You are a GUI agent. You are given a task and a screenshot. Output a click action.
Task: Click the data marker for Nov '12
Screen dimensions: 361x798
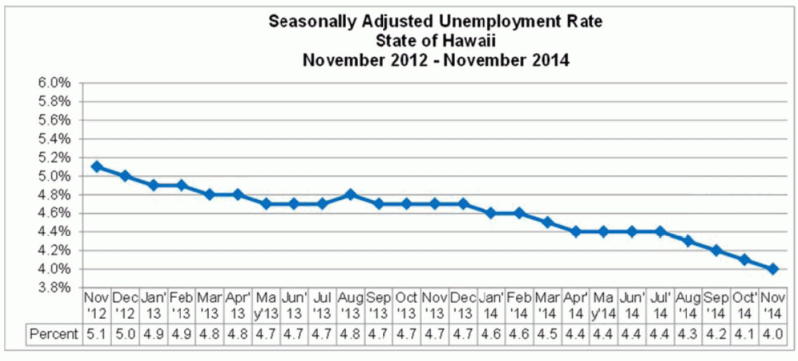(x=97, y=166)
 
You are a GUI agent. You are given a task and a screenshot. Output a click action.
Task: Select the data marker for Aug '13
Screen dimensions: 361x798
(x=350, y=195)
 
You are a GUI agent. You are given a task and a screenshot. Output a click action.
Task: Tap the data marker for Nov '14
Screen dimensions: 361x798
(x=773, y=269)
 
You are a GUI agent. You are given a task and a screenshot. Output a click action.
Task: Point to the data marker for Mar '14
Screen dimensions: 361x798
(x=548, y=223)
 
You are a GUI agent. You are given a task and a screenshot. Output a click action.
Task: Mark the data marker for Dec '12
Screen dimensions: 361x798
(x=125, y=176)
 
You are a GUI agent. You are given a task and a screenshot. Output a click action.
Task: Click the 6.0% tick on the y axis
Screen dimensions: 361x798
(x=55, y=83)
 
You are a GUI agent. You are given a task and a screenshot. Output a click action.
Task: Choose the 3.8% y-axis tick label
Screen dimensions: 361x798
(x=55, y=287)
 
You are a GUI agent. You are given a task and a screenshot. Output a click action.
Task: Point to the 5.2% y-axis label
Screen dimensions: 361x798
(x=55, y=157)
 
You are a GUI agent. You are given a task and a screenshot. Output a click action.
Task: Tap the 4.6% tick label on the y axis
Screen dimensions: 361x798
(x=55, y=213)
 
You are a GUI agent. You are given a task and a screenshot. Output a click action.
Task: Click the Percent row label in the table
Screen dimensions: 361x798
(x=53, y=334)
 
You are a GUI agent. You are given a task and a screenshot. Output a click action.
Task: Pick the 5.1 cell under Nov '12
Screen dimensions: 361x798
(x=97, y=334)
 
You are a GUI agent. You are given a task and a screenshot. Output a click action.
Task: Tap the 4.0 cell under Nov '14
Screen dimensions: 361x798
(x=773, y=334)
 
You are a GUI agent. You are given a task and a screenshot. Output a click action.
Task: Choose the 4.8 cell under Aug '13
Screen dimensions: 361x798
(x=350, y=334)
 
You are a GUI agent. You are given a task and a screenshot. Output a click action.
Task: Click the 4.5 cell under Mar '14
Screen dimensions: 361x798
(x=548, y=334)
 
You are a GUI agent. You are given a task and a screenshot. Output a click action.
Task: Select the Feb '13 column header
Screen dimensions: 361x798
(x=181, y=303)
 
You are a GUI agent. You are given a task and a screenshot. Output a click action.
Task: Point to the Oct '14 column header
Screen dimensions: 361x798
(x=745, y=303)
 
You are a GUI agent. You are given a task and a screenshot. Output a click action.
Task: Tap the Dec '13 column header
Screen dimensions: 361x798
(x=463, y=303)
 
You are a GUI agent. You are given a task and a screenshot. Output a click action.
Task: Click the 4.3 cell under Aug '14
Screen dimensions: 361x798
(x=688, y=334)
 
